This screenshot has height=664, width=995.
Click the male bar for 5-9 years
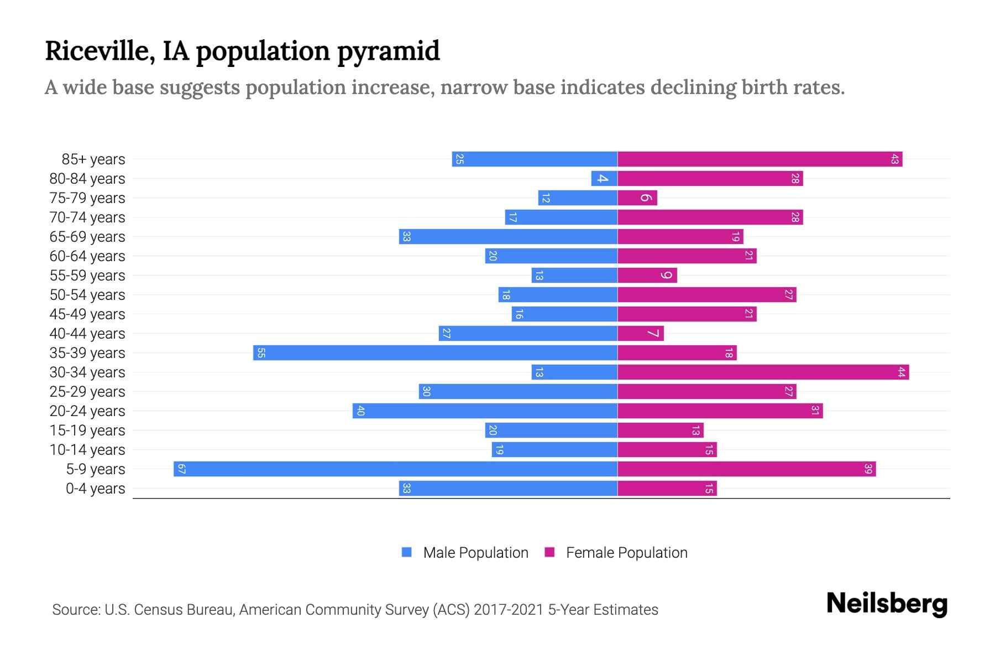click(395, 469)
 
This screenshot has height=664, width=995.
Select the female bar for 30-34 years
click(763, 372)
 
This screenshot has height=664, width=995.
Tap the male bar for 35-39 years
click(435, 353)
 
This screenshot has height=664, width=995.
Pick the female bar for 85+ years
click(760, 159)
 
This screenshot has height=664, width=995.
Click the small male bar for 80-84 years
click(604, 179)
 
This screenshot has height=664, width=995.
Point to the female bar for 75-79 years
click(637, 198)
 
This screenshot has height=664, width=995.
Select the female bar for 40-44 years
click(640, 334)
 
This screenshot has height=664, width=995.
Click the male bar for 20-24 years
click(485, 411)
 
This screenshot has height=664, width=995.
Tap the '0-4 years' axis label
click(95, 489)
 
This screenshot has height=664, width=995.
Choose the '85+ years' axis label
click(93, 159)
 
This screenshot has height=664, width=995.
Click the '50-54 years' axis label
click(87, 295)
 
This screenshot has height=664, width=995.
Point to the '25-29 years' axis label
click(87, 392)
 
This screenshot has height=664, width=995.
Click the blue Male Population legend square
click(407, 552)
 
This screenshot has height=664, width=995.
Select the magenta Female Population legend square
click(549, 552)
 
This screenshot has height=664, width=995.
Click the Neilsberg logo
click(887, 604)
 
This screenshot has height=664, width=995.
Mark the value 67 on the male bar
click(181, 469)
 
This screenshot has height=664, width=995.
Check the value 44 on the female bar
click(901, 372)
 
